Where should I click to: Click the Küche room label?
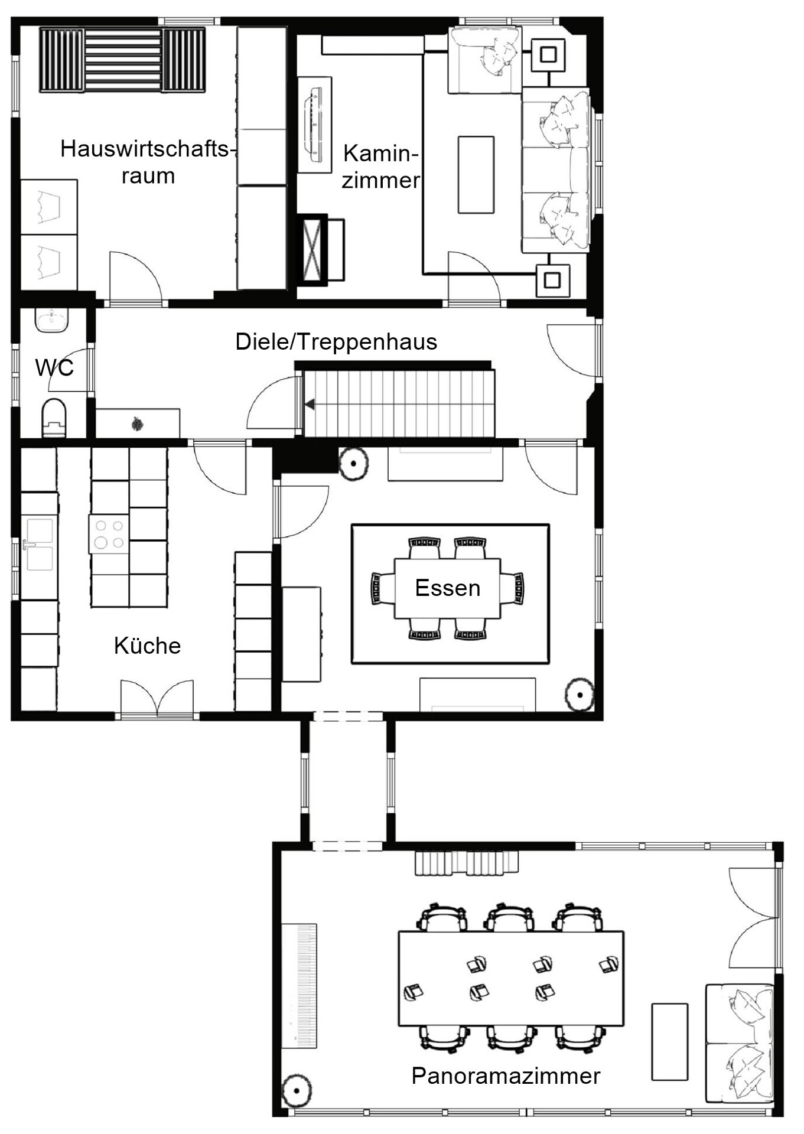click(x=147, y=646)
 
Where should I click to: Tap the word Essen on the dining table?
click(x=448, y=588)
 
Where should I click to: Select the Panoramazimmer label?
click(x=506, y=1076)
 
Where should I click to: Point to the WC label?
click(x=54, y=367)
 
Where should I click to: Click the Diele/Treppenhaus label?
click(x=336, y=342)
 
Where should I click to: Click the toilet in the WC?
click(x=54, y=418)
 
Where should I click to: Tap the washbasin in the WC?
click(x=52, y=320)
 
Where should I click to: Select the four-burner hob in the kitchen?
click(x=109, y=534)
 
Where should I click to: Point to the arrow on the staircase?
click(x=309, y=405)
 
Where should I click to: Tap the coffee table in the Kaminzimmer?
click(x=476, y=175)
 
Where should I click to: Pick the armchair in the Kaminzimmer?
click(x=484, y=60)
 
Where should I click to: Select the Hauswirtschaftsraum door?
click(x=136, y=277)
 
